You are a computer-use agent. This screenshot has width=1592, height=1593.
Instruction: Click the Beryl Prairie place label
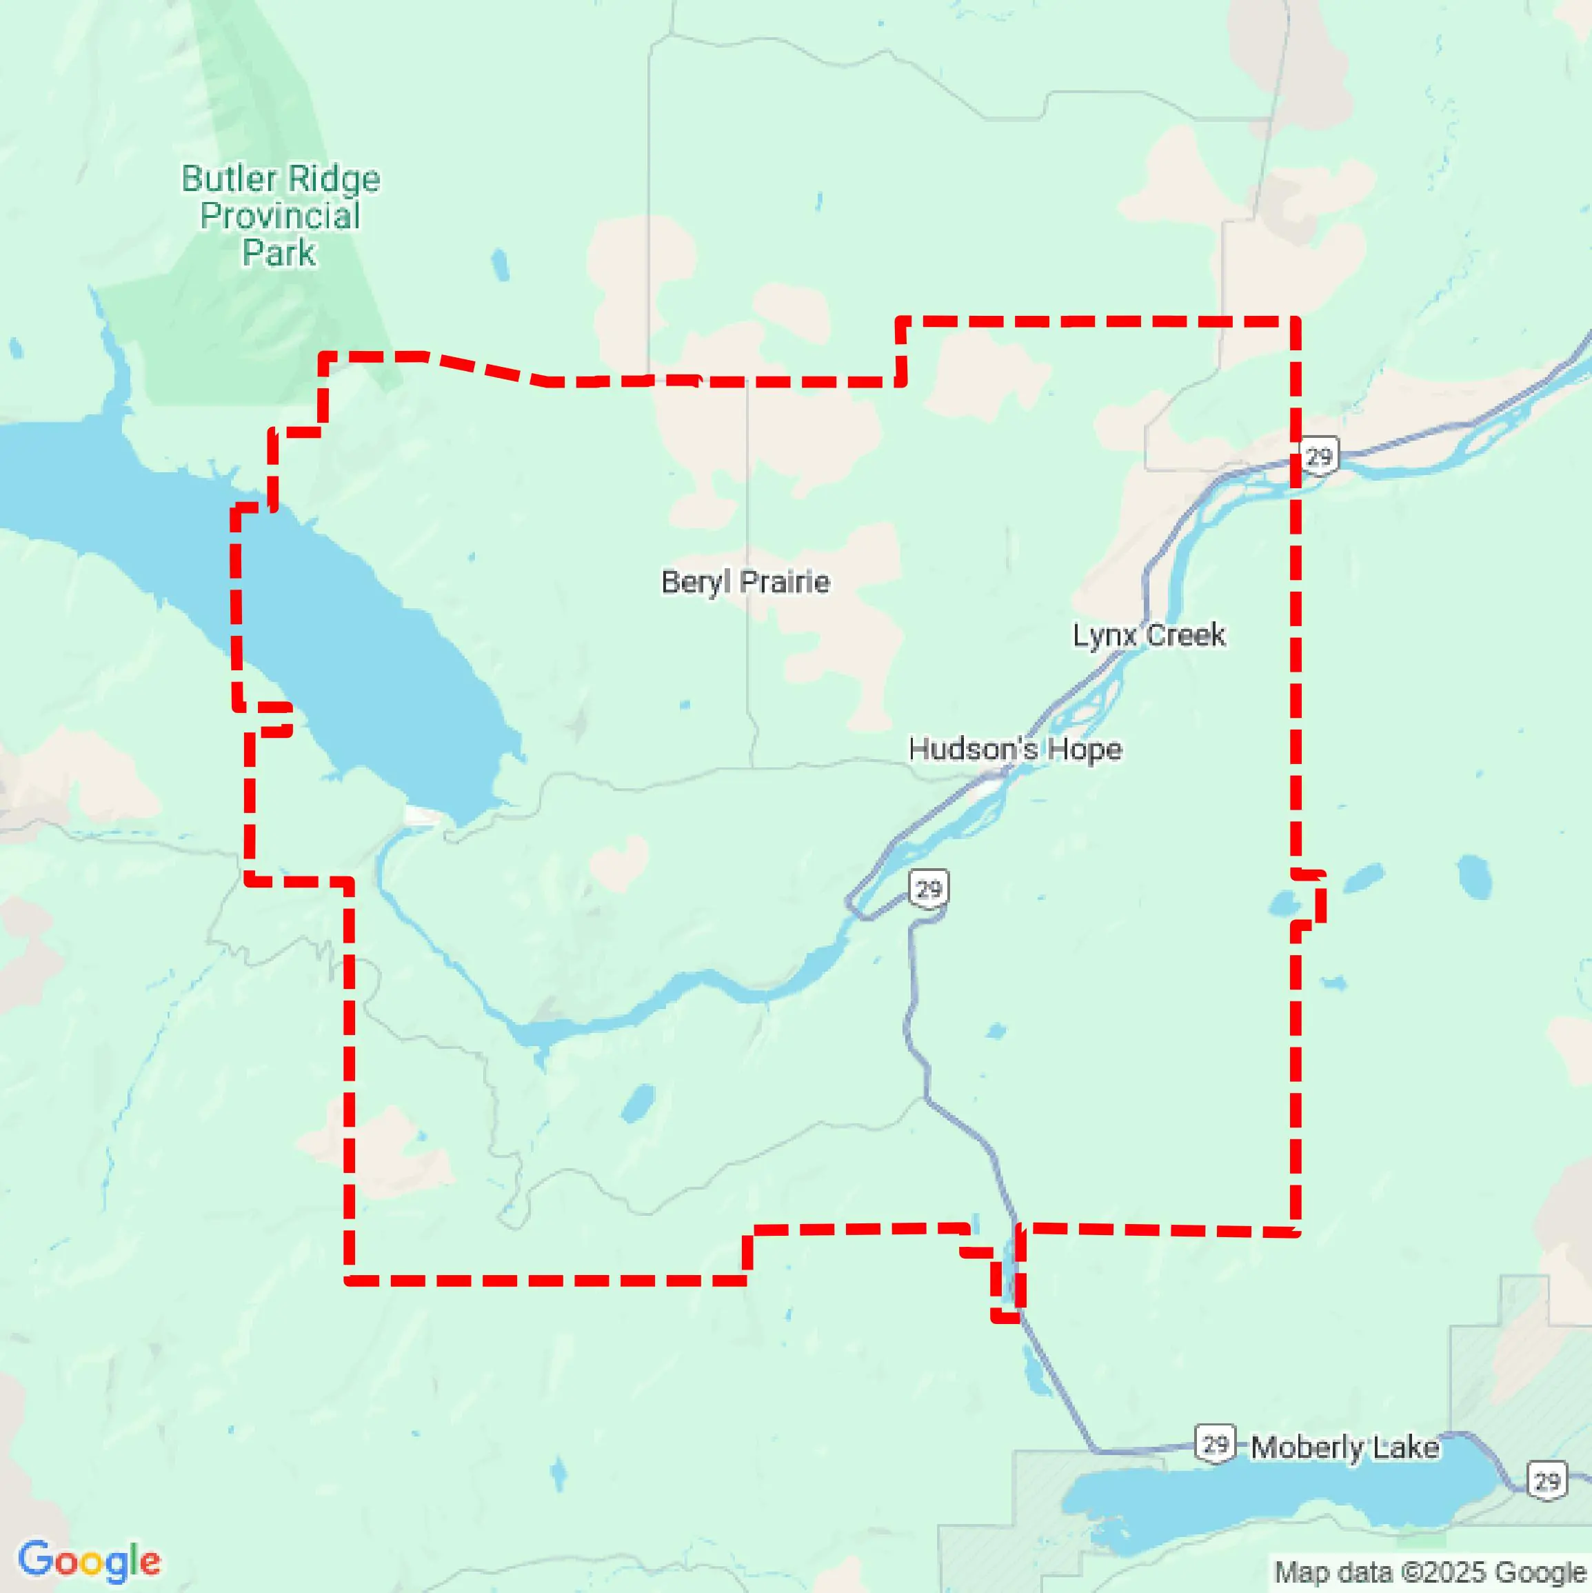pyautogui.click(x=745, y=582)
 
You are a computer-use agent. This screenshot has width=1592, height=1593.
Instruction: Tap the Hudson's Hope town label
pyautogui.click(x=1014, y=750)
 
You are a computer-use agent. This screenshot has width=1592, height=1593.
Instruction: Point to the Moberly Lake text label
pyautogui.click(x=1344, y=1448)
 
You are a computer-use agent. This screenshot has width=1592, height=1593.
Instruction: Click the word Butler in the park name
pyautogui.click(x=228, y=179)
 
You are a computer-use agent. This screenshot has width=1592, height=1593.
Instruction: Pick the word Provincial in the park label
pyautogui.click(x=281, y=216)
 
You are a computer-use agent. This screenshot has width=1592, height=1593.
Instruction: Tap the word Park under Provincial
pyautogui.click(x=279, y=253)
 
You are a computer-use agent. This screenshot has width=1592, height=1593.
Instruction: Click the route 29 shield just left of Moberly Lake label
pyautogui.click(x=1216, y=1444)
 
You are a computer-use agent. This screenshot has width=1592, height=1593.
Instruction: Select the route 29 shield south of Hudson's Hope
pyautogui.click(x=928, y=889)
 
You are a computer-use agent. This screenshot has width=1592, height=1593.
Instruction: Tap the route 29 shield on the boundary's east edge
pyautogui.click(x=1319, y=456)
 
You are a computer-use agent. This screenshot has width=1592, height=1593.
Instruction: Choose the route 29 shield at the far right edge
pyautogui.click(x=1546, y=1482)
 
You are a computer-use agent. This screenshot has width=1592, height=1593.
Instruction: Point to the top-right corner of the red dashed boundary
pyautogui.click(x=1296, y=321)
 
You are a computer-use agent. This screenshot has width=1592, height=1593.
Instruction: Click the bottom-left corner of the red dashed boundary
pyautogui.click(x=350, y=1281)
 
